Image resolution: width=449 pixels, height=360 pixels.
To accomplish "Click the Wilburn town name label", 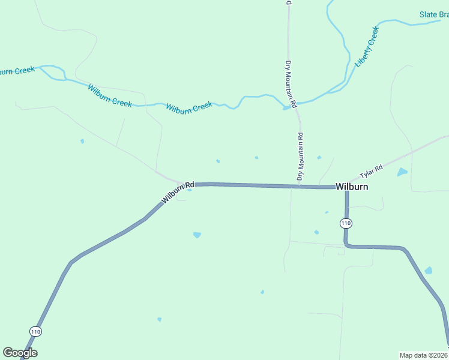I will click(351, 187).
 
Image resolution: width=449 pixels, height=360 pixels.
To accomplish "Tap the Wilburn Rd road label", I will click(178, 192).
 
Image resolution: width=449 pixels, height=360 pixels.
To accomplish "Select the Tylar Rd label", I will click(371, 172).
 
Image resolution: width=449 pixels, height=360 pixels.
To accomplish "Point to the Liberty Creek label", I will click(367, 46).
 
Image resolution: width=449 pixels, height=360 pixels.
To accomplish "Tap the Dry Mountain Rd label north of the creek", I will click(291, 84).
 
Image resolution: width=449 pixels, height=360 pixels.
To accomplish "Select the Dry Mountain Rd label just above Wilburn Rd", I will click(300, 157).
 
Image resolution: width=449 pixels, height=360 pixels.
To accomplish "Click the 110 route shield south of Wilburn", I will click(345, 223).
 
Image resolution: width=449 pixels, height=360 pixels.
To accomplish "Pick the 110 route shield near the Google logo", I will click(35, 331).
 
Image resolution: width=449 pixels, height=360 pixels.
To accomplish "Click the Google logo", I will click(20, 353).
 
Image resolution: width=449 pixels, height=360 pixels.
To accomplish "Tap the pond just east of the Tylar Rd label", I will click(402, 172).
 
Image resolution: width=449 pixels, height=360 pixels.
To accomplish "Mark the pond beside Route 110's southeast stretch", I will click(428, 271).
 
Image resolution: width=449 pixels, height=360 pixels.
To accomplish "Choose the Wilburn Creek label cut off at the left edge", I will click(17, 71).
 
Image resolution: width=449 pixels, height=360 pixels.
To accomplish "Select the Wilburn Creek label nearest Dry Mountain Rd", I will click(189, 107).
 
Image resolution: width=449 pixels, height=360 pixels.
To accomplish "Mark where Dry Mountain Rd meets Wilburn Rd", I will click(298, 187).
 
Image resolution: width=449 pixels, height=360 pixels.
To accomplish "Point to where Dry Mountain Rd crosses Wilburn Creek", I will click(294, 104).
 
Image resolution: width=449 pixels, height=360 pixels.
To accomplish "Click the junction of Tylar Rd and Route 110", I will click(346, 187).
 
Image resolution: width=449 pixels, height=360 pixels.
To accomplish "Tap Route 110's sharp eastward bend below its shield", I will click(347, 245).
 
